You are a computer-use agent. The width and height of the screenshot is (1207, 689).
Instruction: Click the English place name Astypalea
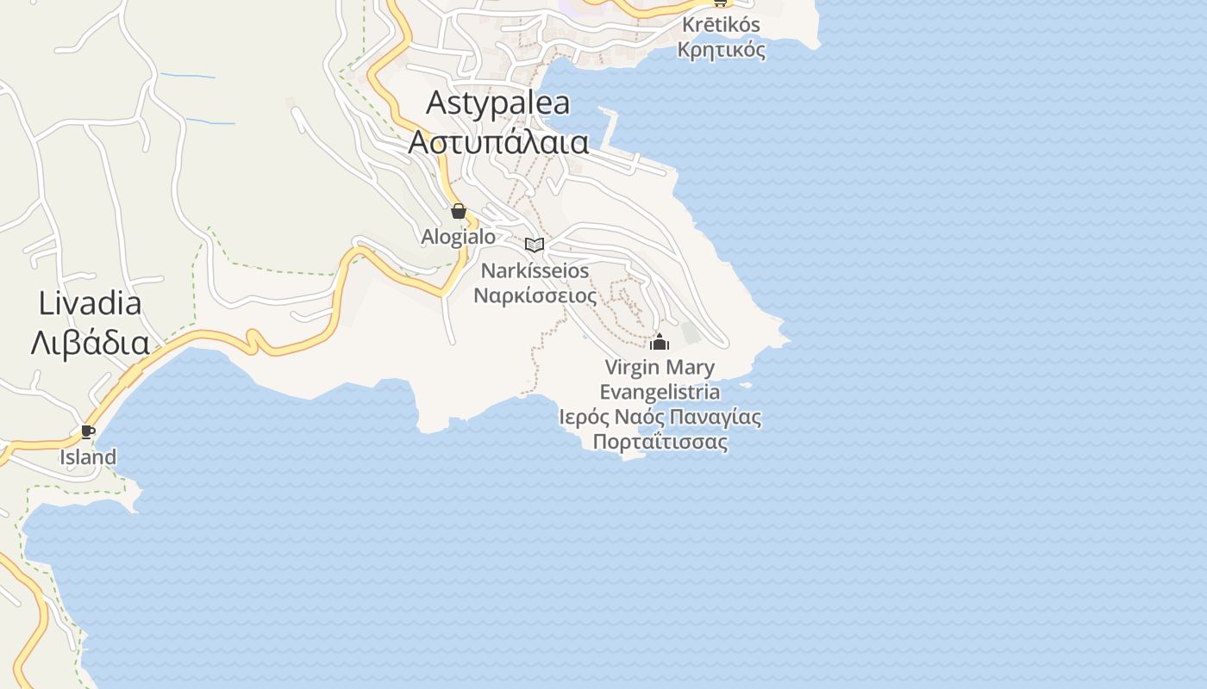(498, 102)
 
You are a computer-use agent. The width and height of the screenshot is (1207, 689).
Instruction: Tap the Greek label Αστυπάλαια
(498, 142)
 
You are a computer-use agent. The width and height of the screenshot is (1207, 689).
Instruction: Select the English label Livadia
(90, 303)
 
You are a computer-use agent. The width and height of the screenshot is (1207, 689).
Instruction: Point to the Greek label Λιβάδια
(90, 343)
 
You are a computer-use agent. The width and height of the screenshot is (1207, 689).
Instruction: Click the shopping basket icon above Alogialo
(459, 211)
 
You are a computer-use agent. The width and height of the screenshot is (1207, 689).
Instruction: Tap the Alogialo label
(459, 236)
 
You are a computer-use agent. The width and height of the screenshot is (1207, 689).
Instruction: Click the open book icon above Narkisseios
(535, 245)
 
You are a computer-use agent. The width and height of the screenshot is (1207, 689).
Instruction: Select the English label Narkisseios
(535, 270)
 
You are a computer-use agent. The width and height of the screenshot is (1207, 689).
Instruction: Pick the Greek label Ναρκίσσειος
(535, 295)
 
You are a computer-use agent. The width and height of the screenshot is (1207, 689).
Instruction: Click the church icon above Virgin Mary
(660, 342)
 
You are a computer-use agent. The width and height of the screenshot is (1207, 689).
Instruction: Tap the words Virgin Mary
(660, 368)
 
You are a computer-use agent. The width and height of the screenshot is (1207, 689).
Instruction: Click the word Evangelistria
(660, 393)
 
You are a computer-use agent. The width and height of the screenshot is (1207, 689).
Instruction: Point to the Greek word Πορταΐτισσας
(660, 443)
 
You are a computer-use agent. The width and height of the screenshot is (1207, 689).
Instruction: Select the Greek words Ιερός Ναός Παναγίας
(660, 418)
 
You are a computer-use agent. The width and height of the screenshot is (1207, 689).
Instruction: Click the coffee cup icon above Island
(87, 431)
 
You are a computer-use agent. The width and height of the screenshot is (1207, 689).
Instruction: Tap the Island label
(87, 457)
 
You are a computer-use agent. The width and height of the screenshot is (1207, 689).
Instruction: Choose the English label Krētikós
(720, 25)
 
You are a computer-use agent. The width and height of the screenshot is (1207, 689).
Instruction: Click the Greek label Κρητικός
(722, 50)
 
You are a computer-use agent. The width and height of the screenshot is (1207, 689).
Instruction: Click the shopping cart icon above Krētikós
(719, 3)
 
